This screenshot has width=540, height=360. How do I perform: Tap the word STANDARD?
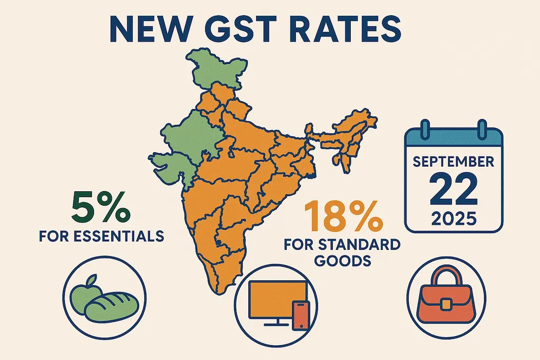click(363, 245)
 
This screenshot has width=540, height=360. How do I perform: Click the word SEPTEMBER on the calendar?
click(454, 161)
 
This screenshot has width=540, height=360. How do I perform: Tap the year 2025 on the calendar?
click(454, 218)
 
